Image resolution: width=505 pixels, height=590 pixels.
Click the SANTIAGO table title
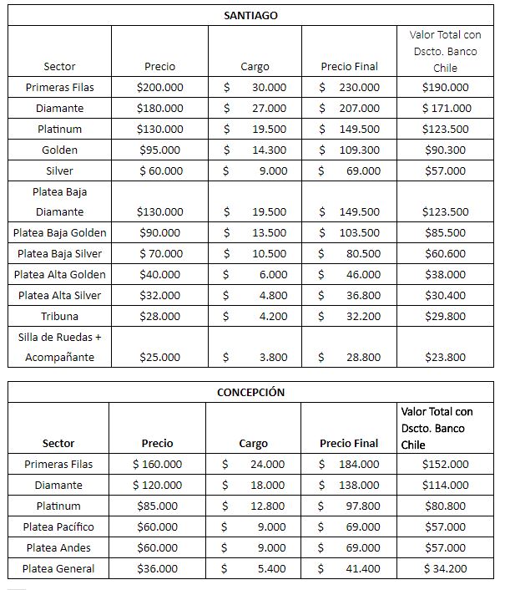point(251,15)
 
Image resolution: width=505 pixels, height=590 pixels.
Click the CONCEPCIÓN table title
point(251,392)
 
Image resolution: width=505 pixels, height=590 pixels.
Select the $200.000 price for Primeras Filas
point(160,87)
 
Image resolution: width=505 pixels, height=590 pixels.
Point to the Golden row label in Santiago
point(59,150)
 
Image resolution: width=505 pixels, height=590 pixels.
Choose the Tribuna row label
point(59,316)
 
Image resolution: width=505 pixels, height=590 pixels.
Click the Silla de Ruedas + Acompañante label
point(59,347)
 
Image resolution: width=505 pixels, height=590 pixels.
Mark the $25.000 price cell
point(160,357)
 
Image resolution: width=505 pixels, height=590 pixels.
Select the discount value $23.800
point(446,357)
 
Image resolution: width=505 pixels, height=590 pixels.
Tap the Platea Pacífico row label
point(58,526)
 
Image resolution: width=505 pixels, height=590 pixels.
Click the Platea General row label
point(58,568)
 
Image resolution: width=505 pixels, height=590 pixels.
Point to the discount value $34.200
point(446,568)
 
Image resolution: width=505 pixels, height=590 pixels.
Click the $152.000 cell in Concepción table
point(446,464)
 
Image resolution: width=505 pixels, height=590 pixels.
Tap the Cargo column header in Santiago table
point(255,66)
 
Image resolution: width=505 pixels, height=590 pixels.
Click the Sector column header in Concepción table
point(58,443)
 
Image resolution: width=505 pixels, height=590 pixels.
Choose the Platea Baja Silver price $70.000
point(160,253)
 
